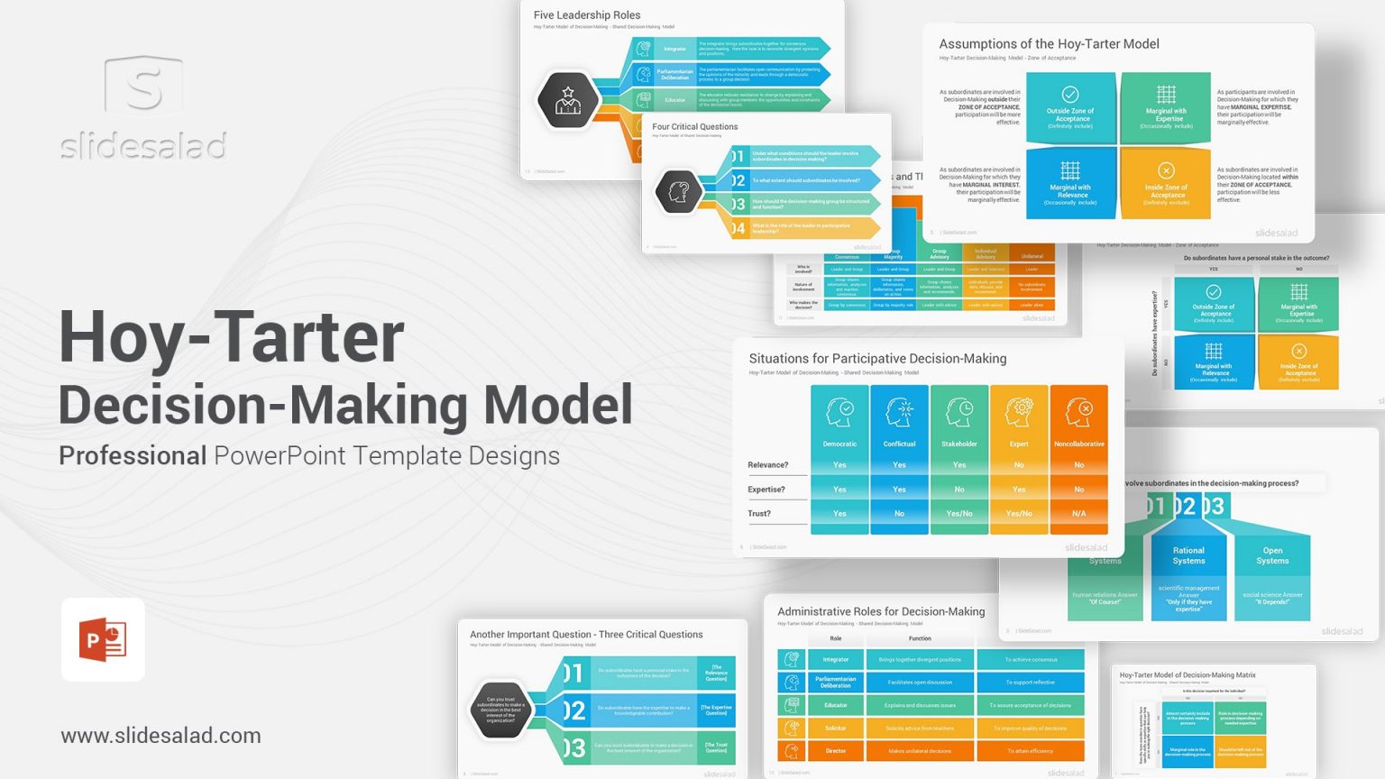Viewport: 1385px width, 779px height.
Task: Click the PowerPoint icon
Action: point(103,639)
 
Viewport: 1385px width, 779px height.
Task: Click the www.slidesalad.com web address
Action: point(161,736)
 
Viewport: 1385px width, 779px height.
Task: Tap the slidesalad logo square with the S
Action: point(143,86)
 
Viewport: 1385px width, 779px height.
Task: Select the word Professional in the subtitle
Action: point(133,456)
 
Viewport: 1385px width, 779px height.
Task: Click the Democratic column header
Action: point(839,444)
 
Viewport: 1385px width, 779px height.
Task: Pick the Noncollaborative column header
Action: point(1078,444)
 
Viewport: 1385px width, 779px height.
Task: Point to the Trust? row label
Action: point(759,514)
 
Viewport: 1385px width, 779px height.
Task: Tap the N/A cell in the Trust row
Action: point(1078,514)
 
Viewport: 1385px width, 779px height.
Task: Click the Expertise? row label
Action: point(766,490)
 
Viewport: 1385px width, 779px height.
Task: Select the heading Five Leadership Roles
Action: point(587,15)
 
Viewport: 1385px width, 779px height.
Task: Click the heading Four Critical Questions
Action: point(694,127)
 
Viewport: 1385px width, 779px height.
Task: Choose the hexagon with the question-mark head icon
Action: point(678,191)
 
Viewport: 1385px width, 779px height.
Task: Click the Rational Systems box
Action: point(1188,555)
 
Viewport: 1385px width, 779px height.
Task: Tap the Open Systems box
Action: point(1272,555)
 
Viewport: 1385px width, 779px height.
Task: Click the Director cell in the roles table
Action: point(835,750)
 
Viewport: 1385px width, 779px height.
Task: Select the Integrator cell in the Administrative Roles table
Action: point(835,659)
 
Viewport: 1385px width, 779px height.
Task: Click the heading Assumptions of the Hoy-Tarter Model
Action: point(1049,44)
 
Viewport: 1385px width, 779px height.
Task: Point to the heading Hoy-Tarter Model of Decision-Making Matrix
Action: point(1188,675)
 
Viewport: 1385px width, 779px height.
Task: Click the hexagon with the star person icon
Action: point(568,100)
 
